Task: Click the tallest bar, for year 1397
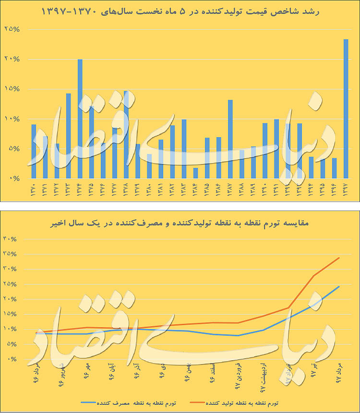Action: (346, 108)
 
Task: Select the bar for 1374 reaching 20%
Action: (80, 118)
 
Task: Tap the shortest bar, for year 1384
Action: (195, 173)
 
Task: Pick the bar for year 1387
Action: (230, 139)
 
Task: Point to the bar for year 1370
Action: (34, 151)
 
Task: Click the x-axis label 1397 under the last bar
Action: (346, 189)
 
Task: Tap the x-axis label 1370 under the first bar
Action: (34, 189)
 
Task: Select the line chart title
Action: (180, 224)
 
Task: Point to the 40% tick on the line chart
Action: (11, 239)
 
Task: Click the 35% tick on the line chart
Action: (11, 254)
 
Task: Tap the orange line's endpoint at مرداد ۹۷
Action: (339, 258)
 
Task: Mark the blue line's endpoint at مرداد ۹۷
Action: (339, 286)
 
